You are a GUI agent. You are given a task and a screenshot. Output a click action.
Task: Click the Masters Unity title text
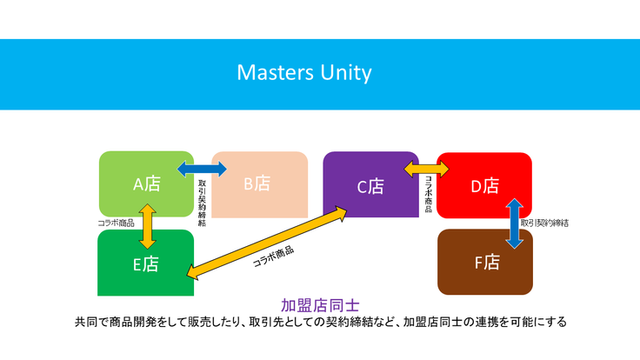(x=303, y=73)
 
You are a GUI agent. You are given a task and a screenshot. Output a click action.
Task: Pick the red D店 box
(x=484, y=185)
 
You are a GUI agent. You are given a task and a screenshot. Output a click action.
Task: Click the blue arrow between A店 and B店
(x=202, y=169)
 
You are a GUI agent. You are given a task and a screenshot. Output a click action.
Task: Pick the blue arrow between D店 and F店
(x=514, y=223)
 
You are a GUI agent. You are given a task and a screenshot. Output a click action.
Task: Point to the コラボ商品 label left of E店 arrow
(x=116, y=223)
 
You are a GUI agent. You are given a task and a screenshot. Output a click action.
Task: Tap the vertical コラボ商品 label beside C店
(x=428, y=196)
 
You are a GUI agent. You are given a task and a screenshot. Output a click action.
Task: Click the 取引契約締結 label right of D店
(x=545, y=223)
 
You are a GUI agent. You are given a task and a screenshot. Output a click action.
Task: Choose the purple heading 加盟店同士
(x=320, y=304)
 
